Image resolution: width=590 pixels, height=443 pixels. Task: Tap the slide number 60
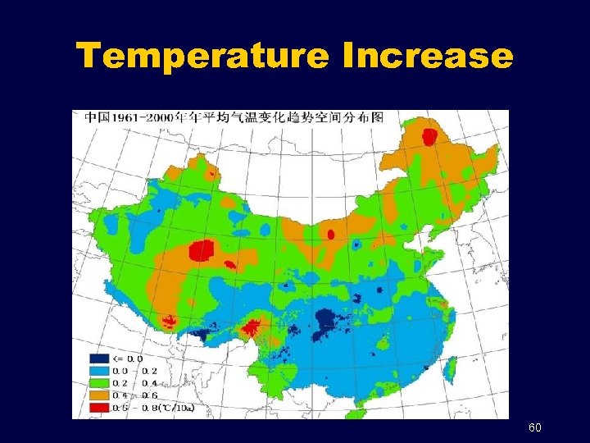[535, 428]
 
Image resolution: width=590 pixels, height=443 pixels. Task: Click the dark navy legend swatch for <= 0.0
[99, 359]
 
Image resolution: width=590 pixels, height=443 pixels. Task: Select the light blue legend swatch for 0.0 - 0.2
[99, 371]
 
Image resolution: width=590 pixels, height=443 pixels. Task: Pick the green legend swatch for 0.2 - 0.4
[99, 383]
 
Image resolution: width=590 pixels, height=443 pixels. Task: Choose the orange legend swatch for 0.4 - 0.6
[99, 395]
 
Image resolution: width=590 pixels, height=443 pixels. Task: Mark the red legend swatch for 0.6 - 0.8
[99, 408]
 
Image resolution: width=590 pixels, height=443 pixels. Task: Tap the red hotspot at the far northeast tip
[429, 137]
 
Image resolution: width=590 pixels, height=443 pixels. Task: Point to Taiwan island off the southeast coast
[449, 371]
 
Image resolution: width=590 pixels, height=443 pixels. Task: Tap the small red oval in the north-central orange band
[331, 234]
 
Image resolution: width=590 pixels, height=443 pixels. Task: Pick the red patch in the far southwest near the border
[169, 321]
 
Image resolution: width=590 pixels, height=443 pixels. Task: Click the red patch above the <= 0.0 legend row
[253, 327]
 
